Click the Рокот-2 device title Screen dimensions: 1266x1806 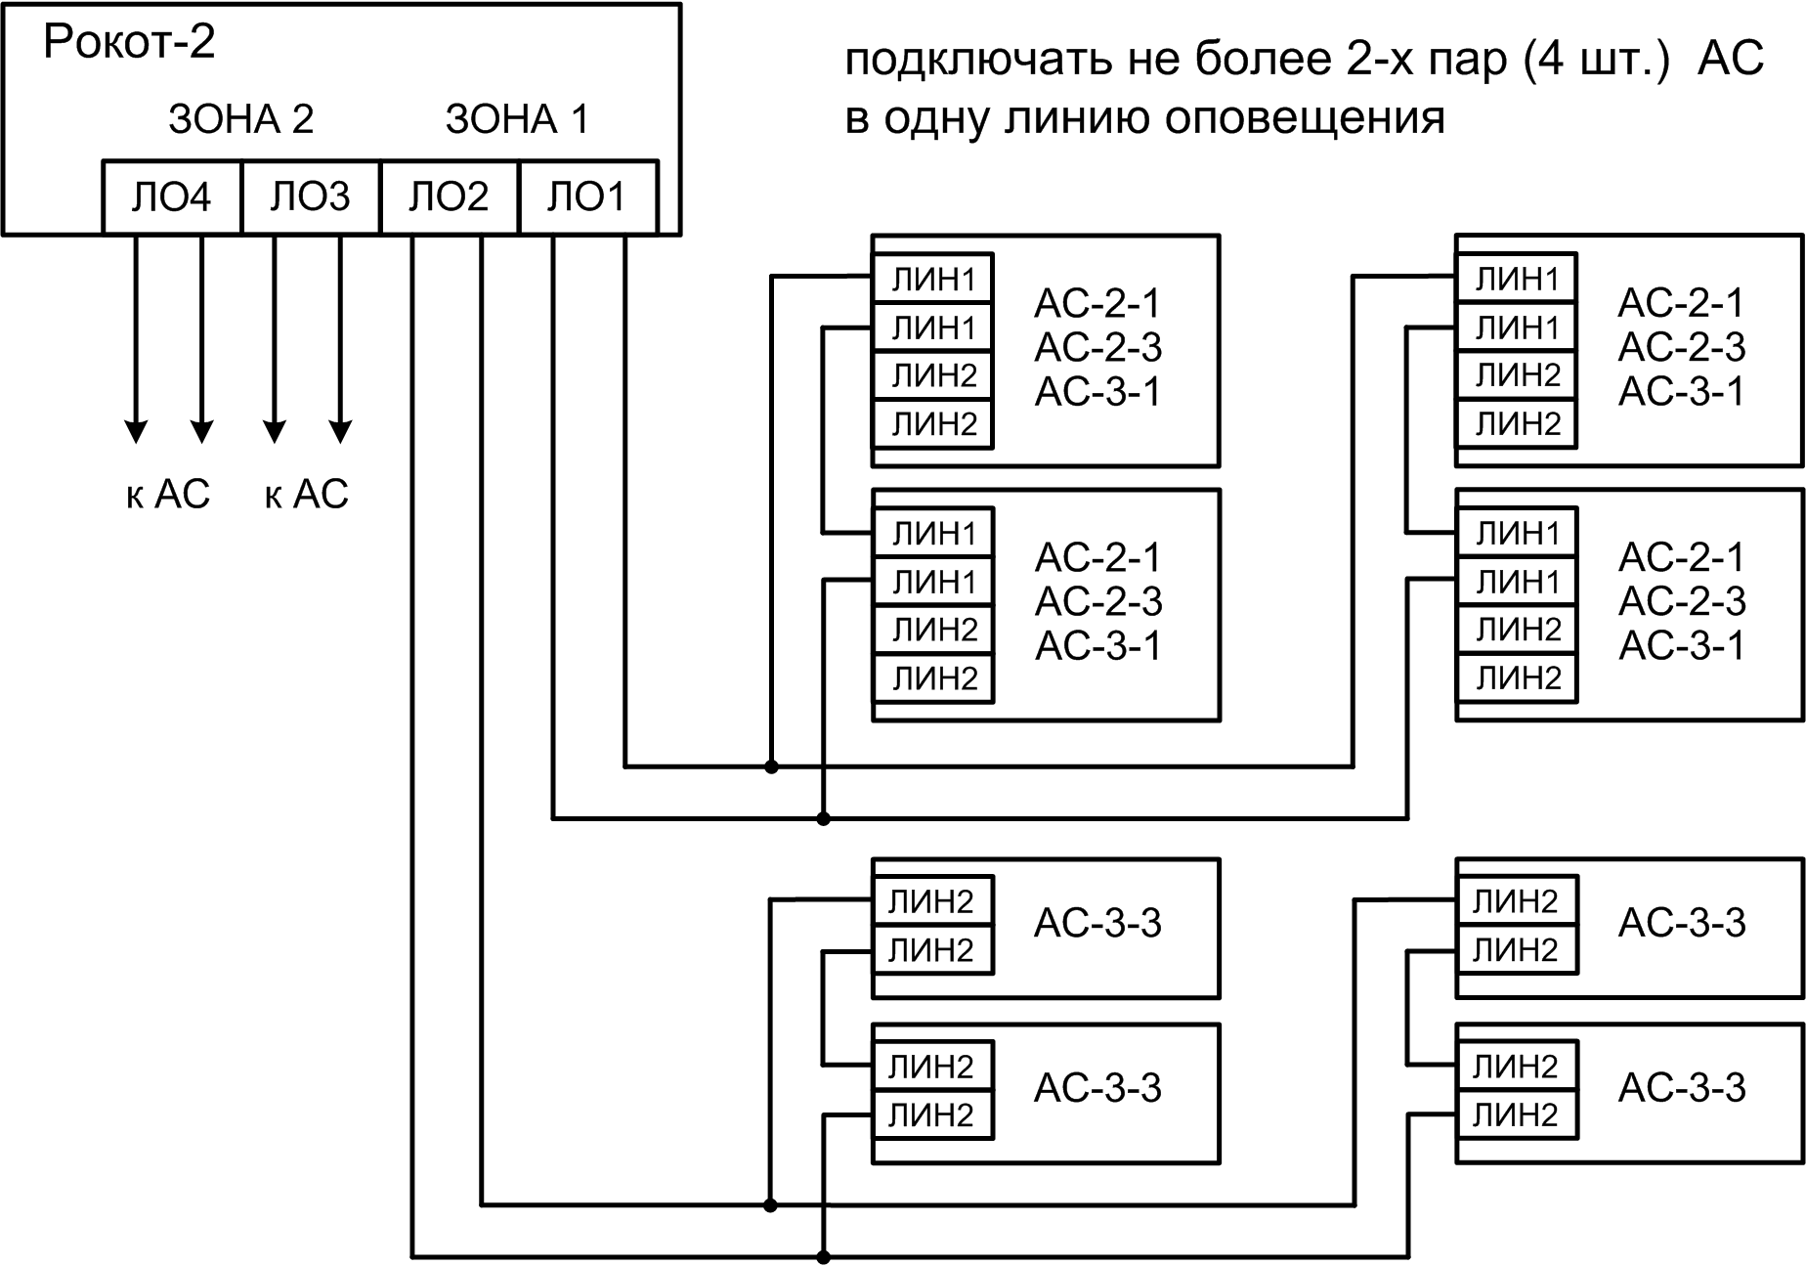coord(128,42)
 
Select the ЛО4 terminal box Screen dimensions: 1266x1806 coord(171,197)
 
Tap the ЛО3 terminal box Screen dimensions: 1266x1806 coord(310,197)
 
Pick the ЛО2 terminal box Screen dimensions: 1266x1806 coord(449,197)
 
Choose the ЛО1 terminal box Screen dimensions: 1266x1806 coord(586,197)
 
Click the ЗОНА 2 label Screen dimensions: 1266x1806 coord(240,119)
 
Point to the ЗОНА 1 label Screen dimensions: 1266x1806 coord(517,119)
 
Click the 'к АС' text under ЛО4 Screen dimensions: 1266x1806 coord(168,495)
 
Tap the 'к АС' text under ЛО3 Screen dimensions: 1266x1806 coord(306,495)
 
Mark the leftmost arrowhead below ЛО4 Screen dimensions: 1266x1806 coord(136,430)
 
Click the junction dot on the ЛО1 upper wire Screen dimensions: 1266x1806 coord(771,766)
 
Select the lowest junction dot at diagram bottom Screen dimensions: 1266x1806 coord(823,1256)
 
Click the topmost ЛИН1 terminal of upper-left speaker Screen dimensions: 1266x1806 coord(933,280)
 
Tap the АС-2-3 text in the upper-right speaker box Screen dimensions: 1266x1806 coord(1681,347)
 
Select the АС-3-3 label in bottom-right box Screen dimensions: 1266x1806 coord(1681,1087)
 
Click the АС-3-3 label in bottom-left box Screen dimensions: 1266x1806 coord(1097,1087)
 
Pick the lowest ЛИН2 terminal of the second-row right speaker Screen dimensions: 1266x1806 coord(1517,677)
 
